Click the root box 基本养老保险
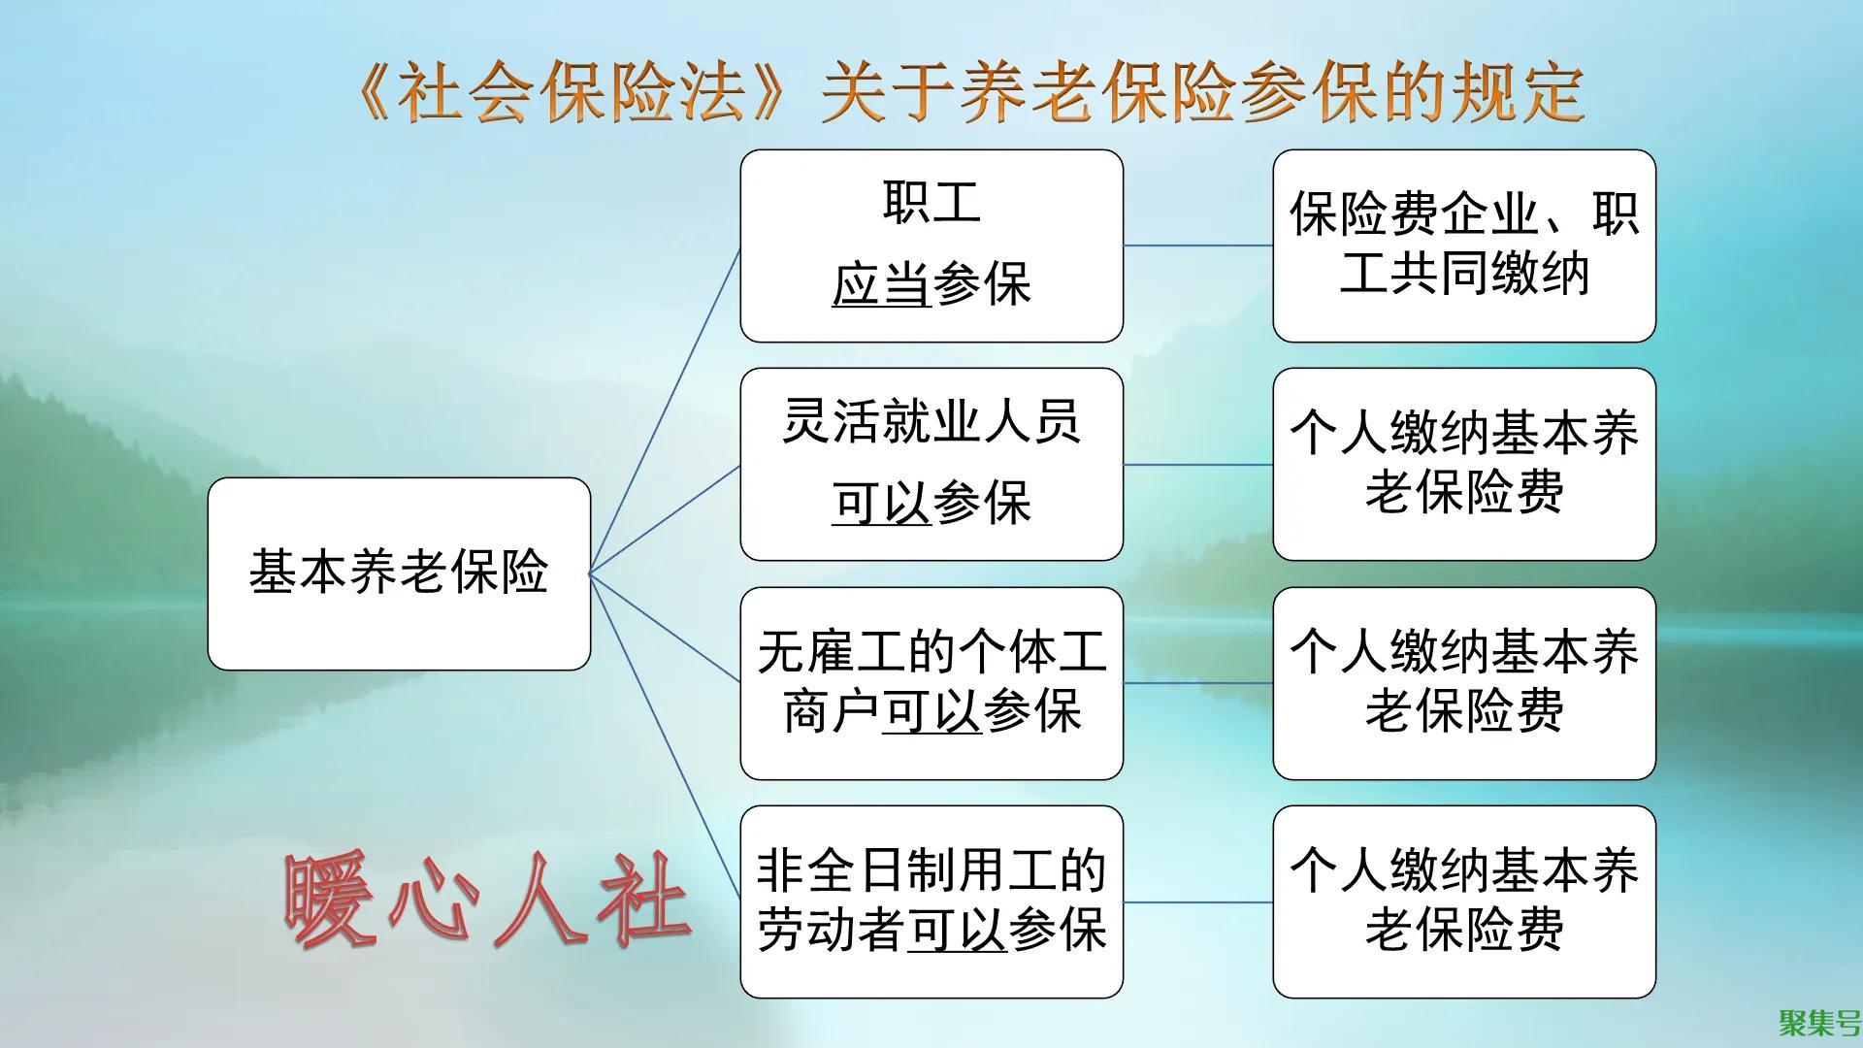tap(399, 573)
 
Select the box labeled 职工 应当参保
tap(931, 246)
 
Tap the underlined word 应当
tap(881, 285)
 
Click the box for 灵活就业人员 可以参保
tap(931, 464)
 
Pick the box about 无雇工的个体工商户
tap(931, 682)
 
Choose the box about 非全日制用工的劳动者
tap(931, 901)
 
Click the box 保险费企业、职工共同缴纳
tap(1463, 246)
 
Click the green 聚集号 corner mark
tap(1818, 1023)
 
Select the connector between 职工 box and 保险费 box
tap(1197, 246)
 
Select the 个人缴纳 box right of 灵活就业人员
tap(1463, 464)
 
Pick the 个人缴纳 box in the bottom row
tap(1463, 901)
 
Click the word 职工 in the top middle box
tap(931, 204)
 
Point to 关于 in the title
tap(889, 94)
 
